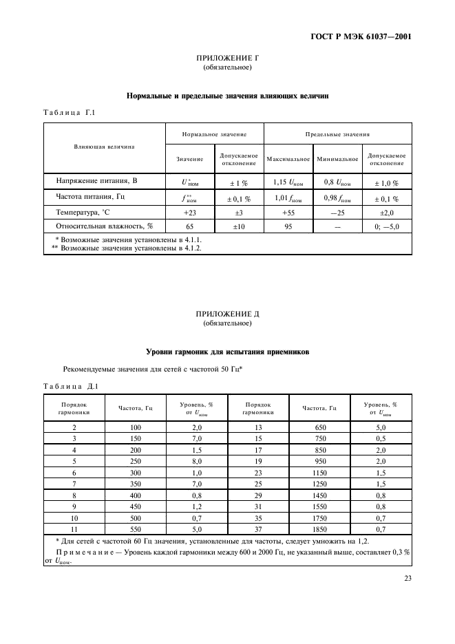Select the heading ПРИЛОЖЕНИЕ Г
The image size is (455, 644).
(227, 59)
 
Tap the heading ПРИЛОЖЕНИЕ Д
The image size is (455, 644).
(227, 314)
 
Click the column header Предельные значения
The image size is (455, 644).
(337, 134)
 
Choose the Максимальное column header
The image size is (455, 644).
(288, 159)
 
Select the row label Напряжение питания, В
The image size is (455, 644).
(96, 181)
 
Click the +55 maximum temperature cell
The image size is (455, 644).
(288, 213)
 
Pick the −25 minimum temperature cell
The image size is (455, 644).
(337, 213)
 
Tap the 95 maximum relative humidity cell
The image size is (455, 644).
(288, 226)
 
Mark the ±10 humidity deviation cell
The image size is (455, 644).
(239, 226)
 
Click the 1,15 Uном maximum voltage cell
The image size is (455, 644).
(288, 182)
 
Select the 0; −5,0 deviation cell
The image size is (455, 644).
(386, 226)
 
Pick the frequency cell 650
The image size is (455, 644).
(319, 428)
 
